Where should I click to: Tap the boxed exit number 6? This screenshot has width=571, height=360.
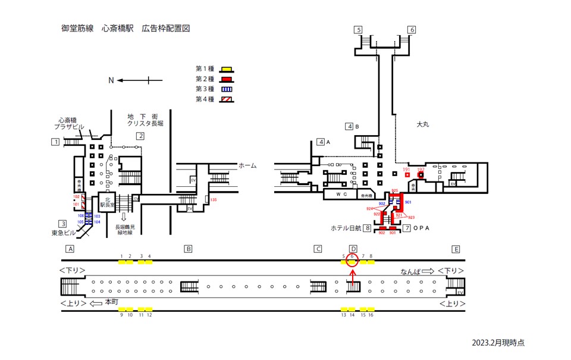tap(411, 30)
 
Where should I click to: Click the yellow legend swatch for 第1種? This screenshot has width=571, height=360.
tap(226, 69)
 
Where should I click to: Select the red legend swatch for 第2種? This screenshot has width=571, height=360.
tap(226, 79)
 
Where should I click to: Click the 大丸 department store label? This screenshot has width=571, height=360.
tap(423, 125)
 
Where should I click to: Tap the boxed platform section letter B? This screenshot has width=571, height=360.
tap(188, 249)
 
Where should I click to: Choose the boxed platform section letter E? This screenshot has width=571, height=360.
tap(456, 249)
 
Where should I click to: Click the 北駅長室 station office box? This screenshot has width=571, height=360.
tap(108, 203)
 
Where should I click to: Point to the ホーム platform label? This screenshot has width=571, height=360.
tap(247, 165)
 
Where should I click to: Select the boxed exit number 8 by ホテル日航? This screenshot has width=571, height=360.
tap(368, 228)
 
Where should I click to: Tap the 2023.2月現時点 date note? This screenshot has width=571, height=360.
tap(498, 343)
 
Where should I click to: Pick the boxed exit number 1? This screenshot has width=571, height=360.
tap(55, 142)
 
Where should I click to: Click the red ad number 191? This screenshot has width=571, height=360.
tap(407, 170)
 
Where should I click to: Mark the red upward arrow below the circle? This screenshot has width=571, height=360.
tap(353, 277)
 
